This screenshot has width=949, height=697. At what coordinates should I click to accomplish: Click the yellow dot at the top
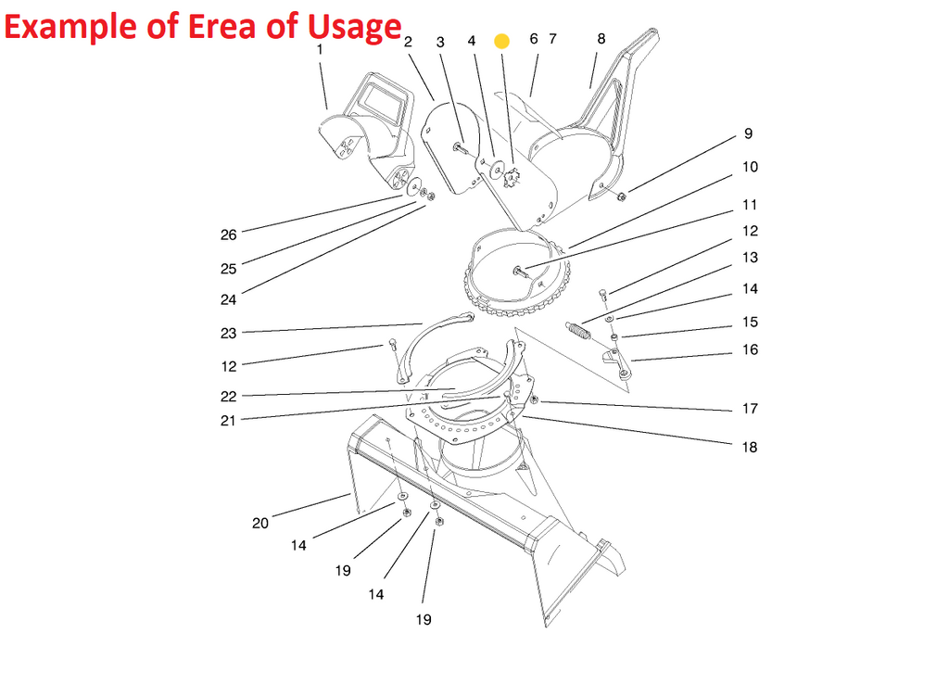pyautogui.click(x=501, y=41)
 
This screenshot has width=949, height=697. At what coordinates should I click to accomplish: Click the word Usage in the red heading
pyautogui.click(x=354, y=28)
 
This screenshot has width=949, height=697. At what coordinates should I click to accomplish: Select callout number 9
pyautogui.click(x=748, y=133)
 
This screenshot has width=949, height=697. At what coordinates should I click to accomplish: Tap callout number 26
pyautogui.click(x=228, y=234)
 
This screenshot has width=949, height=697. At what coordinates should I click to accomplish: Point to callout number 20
pyautogui.click(x=260, y=524)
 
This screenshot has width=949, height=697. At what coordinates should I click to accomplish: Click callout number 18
pyautogui.click(x=749, y=447)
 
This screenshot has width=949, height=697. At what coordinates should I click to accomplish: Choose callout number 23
pyautogui.click(x=228, y=334)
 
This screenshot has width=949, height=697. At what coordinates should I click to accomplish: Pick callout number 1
pyautogui.click(x=320, y=50)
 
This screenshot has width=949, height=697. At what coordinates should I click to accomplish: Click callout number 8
pyautogui.click(x=601, y=39)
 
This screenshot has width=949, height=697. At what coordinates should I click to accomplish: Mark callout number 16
pyautogui.click(x=750, y=349)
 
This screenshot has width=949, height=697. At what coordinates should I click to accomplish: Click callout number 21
pyautogui.click(x=228, y=421)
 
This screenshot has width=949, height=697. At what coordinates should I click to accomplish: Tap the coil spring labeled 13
pyautogui.click(x=577, y=331)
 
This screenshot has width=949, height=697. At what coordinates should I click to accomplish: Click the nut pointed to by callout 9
pyautogui.click(x=621, y=196)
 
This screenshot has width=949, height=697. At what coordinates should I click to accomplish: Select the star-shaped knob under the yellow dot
pyautogui.click(x=512, y=179)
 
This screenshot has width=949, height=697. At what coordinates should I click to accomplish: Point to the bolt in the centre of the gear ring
pyautogui.click(x=520, y=271)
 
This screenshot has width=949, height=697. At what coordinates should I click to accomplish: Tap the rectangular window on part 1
pyautogui.click(x=381, y=98)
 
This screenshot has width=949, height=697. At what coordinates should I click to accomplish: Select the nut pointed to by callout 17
pyautogui.click(x=535, y=399)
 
